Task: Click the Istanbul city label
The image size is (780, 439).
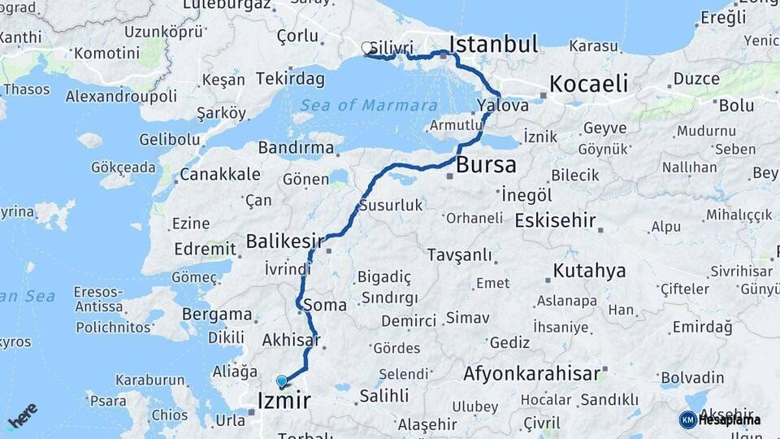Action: click(493, 43)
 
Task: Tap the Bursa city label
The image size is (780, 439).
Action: click(486, 165)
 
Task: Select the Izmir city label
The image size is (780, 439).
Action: click(284, 400)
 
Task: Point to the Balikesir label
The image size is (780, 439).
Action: click(284, 241)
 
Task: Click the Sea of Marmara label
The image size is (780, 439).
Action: click(368, 106)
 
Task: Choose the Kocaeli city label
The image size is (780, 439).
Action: click(588, 84)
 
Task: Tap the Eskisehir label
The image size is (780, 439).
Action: click(556, 221)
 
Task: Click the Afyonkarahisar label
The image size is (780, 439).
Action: click(531, 375)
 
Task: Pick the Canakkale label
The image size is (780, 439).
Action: click(219, 174)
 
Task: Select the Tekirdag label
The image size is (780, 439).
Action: click(289, 79)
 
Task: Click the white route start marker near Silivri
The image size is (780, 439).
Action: click(367, 49)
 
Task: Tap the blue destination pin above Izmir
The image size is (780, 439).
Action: click(281, 380)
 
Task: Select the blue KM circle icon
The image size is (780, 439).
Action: click(687, 419)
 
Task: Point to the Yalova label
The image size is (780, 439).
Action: click(503, 106)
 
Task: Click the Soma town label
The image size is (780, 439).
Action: click(325, 306)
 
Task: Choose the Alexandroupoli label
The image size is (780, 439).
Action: click(121, 96)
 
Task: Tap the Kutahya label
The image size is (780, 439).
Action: click(589, 271)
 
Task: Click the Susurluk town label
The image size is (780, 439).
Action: click(391, 205)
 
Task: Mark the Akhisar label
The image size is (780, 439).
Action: click(290, 341)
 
